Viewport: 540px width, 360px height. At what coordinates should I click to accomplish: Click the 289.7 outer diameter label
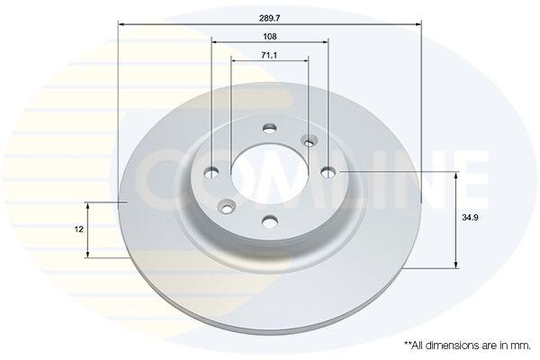[x=270, y=18]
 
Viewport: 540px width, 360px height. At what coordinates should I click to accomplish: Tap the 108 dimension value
[x=270, y=37]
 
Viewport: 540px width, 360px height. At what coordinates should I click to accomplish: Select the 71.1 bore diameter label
[x=269, y=55]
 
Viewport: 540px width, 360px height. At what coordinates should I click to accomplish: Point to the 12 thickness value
[x=79, y=229]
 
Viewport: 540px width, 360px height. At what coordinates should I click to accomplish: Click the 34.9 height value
[x=471, y=218]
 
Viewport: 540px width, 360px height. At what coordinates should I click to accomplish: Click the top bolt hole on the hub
[x=270, y=129]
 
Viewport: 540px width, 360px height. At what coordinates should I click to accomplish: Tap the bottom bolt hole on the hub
[x=270, y=221]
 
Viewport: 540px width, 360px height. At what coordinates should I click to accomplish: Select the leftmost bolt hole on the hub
[x=211, y=173]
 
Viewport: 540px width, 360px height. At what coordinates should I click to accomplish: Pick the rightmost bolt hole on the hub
[x=328, y=172]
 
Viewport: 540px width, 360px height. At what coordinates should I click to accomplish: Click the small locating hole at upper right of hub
[x=310, y=141]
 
